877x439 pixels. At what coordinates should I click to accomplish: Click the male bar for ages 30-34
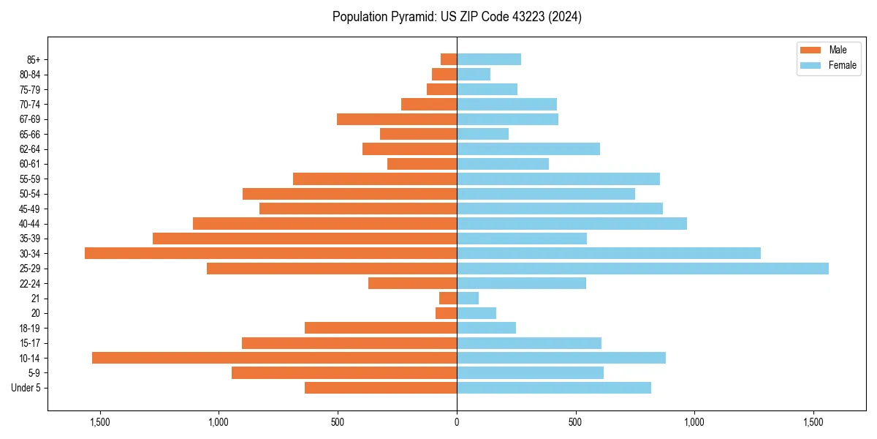270,253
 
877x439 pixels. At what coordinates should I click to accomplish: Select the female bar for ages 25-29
642,269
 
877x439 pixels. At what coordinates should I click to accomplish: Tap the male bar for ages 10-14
274,358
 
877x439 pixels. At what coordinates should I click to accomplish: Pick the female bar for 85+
489,59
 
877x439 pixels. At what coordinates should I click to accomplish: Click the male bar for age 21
448,299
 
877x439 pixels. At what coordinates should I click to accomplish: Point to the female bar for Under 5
554,388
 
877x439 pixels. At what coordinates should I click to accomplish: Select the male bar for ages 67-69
397,119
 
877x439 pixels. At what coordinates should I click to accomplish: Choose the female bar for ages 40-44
572,223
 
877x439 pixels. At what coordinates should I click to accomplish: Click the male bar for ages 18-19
381,328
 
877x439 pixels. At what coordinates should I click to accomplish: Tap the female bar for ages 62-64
528,149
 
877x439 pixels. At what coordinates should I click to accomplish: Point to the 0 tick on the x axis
457,421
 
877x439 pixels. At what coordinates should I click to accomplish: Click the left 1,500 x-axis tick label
99,421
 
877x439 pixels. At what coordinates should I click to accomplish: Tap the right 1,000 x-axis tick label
694,421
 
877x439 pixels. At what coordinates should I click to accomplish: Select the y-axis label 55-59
30,179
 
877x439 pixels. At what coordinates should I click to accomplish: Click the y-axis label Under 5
26,388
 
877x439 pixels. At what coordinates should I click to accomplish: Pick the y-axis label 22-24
30,283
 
